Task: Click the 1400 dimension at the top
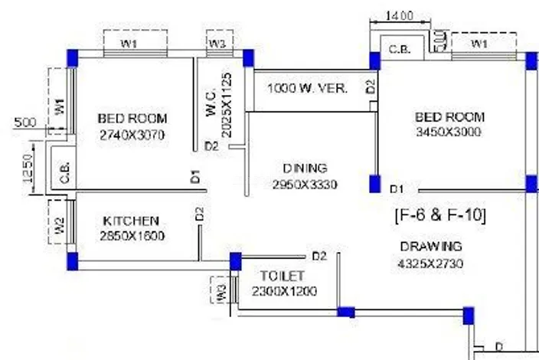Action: pyautogui.click(x=399, y=16)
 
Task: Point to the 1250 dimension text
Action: pyautogui.click(x=28, y=169)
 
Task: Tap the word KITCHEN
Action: pyautogui.click(x=131, y=221)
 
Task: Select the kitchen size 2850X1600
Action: pyautogui.click(x=132, y=236)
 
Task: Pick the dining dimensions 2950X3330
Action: pyautogui.click(x=305, y=185)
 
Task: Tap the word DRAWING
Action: pyautogui.click(x=431, y=247)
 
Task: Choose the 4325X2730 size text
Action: pyautogui.click(x=430, y=264)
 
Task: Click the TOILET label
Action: pyautogui.click(x=282, y=276)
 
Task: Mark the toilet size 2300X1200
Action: pyautogui.click(x=284, y=292)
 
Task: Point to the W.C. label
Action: pyautogui.click(x=211, y=103)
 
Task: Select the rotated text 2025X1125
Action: pyautogui.click(x=227, y=105)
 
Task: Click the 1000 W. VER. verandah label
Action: pyautogui.click(x=307, y=88)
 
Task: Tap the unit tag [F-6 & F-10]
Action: pyautogui.click(x=441, y=215)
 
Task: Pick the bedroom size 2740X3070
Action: pyautogui.click(x=132, y=135)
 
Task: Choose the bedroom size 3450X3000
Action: pyautogui.click(x=448, y=132)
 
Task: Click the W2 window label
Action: pyautogui.click(x=59, y=225)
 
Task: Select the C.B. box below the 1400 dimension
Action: pyautogui.click(x=402, y=47)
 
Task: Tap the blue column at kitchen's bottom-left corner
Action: pyautogui.click(x=72, y=261)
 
